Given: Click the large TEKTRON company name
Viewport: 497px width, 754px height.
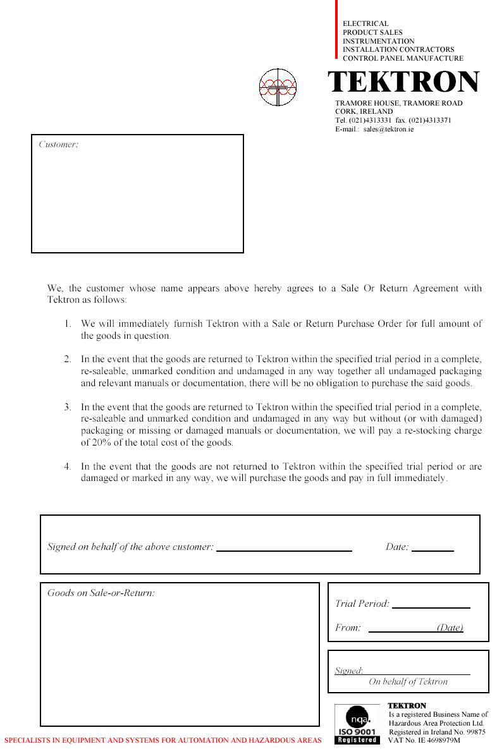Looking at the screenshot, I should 403,83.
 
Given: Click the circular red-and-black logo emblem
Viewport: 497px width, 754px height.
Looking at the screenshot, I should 278,87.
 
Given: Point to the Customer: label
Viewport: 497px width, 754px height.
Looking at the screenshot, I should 58,145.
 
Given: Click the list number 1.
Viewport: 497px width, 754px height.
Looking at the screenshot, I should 67,324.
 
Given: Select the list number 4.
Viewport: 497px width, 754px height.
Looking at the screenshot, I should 67,467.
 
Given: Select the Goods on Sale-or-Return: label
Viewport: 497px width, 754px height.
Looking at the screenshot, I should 101,593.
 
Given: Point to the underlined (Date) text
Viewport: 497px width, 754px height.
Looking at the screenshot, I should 450,628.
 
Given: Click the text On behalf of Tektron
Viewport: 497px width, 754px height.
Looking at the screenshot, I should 408,682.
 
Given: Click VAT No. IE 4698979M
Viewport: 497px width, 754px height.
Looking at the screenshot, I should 424,739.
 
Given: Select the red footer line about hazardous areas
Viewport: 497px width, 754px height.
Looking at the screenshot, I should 163,740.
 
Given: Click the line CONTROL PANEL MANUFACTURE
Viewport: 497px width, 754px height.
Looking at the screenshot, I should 403,58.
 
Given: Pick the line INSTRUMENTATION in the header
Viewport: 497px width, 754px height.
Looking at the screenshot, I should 378,41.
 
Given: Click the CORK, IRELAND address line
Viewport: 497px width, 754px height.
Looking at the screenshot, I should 364,111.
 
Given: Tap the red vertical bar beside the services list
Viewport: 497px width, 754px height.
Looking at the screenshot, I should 336,29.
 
